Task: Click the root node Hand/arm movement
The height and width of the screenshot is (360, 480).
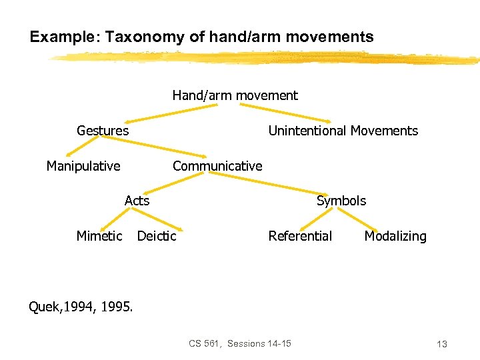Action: pos(235,95)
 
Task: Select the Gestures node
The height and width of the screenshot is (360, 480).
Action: pos(103,131)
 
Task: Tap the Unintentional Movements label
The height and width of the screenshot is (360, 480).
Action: pos(343,131)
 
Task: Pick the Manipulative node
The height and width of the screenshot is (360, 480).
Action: pos(83,166)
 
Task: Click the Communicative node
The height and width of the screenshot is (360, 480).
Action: pos(217,166)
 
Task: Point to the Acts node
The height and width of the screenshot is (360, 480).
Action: pos(137,201)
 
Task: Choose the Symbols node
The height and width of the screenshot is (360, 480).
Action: pos(341,201)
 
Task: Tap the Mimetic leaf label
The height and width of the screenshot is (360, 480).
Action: pos(99,236)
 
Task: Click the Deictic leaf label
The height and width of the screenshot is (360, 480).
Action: pos(157,236)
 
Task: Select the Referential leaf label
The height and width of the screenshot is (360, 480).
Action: pos(300,236)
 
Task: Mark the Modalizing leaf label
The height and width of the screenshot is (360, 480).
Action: pos(395,236)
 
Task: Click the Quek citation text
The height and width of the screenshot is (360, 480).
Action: pos(81,307)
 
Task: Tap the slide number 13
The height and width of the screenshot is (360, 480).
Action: pos(441,344)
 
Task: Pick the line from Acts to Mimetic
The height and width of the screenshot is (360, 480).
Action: pos(118,217)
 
